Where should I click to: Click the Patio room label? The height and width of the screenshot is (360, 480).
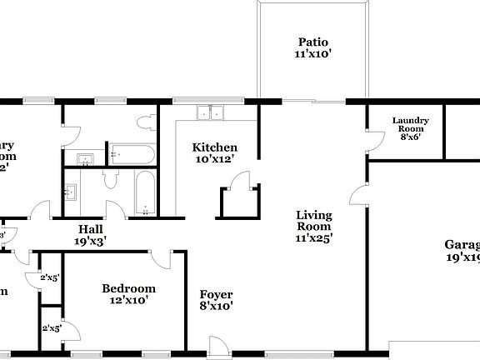point(312,42)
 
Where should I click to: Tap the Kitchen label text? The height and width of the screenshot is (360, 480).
point(215,147)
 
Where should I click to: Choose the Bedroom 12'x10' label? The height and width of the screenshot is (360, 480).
point(128,294)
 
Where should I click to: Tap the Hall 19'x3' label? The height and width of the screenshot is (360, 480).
point(92,235)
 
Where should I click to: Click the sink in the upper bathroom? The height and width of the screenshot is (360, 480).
point(84,158)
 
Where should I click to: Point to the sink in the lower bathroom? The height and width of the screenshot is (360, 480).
point(70,191)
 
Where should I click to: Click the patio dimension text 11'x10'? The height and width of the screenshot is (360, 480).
point(312,55)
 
